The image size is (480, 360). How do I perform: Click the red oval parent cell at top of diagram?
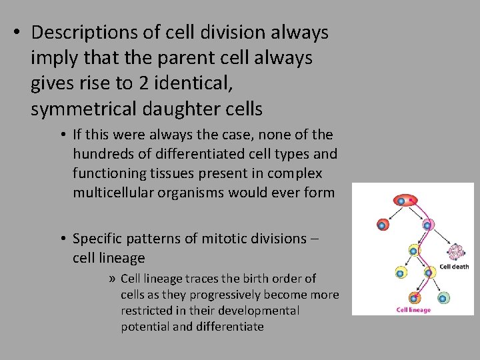405,199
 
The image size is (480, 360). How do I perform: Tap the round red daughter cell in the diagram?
382,225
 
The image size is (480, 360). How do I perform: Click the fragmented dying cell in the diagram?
456,252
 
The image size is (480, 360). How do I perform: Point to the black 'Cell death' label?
454,267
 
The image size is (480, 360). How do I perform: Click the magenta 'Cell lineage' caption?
413,310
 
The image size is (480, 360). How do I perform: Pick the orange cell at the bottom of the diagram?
414,298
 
